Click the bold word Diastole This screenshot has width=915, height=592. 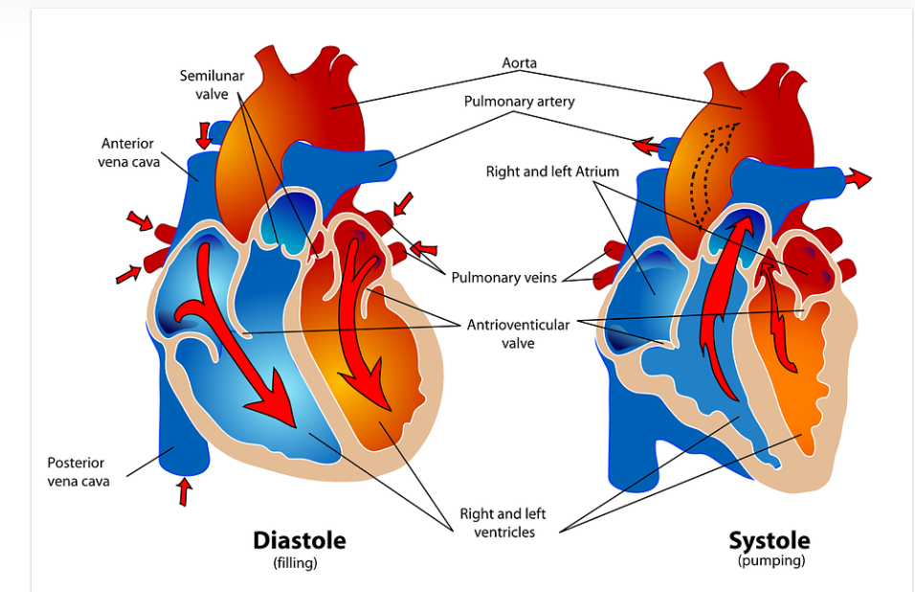(299, 540)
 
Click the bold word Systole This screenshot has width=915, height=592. (769, 540)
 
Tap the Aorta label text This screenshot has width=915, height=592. (519, 63)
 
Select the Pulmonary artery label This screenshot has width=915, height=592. (519, 101)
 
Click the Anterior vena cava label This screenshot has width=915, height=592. (127, 152)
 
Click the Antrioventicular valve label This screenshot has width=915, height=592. (518, 333)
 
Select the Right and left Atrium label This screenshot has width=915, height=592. (552, 171)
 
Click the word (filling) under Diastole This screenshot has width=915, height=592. (295, 563)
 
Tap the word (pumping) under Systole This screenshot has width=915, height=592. (770, 561)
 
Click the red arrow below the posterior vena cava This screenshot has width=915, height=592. (185, 490)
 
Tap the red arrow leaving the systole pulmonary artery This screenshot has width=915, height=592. (646, 147)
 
